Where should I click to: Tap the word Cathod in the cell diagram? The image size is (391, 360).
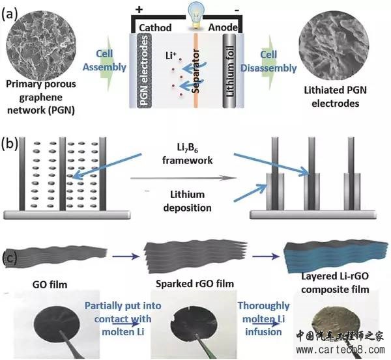tap(155, 27)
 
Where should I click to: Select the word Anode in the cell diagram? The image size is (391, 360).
tap(223, 27)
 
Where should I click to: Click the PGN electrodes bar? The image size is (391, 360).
tap(145, 70)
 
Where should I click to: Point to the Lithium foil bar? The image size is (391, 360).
tap(229, 70)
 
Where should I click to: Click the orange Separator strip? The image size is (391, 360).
tap(195, 70)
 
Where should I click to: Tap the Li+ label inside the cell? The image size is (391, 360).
tap(171, 55)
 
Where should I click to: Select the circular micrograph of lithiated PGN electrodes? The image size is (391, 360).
tap(334, 46)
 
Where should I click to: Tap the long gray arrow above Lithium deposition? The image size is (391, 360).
tap(183, 178)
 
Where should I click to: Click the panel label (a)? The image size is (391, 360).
tap(10, 15)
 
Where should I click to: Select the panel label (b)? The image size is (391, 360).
tap(10, 145)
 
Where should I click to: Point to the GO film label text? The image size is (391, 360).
tap(50, 284)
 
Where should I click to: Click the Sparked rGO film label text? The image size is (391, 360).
tap(195, 284)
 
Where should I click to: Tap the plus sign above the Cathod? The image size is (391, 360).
tap(139, 10)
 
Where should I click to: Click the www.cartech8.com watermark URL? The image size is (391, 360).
tap(340, 350)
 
